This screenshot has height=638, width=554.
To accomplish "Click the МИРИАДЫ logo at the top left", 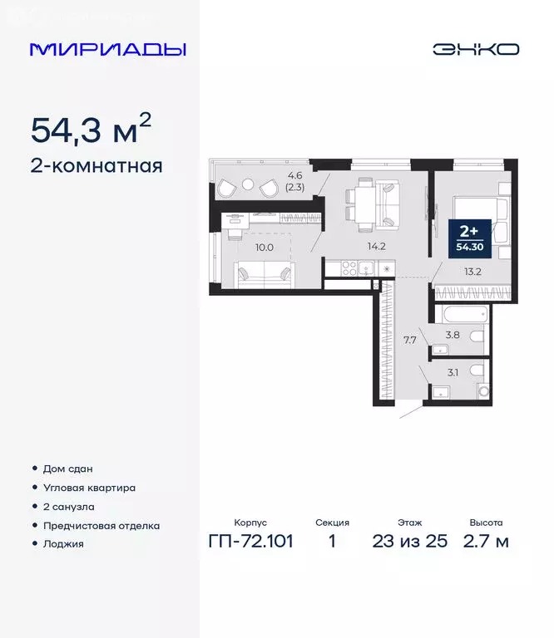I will pos(107,49).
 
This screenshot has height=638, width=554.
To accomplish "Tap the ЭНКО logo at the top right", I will pos(475,49).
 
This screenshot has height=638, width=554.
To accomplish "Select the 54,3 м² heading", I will pos(91,130).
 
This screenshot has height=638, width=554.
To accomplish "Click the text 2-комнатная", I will pos(96,166).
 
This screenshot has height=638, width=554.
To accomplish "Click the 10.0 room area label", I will pos(264,246).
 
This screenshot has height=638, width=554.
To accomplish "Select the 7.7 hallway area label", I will pos(410,339).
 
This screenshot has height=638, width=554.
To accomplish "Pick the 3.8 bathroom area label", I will pos(453,336).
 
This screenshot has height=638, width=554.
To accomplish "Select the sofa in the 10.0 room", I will pos(264,273).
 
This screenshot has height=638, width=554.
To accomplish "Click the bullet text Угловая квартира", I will pos(89,488).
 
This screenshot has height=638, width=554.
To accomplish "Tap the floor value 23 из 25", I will pos(410,542).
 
